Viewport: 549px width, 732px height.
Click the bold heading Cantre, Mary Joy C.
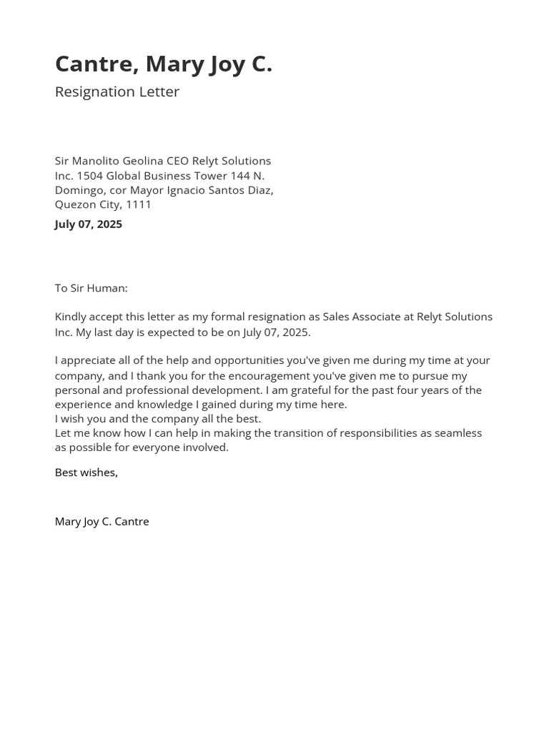point(163,64)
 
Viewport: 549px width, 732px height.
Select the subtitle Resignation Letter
point(117,91)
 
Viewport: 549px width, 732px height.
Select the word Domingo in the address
point(79,190)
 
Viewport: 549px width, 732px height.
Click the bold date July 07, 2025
point(88,224)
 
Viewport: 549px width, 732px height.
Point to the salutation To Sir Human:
point(91,288)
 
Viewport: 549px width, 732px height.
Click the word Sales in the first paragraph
point(337,317)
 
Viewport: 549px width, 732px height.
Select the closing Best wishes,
point(86,473)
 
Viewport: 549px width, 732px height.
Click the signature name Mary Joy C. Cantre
point(102,522)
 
